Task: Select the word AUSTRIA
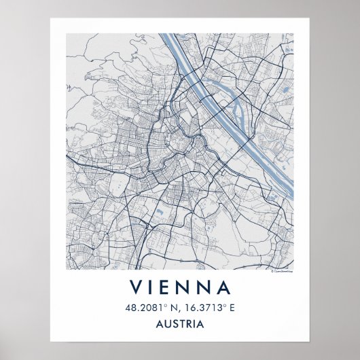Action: pyautogui.click(x=180, y=324)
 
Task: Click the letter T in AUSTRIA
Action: pyautogui.click(x=183, y=324)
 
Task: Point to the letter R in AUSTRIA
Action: pyautogui.click(x=191, y=324)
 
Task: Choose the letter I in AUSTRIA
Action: pyautogui.click(x=197, y=324)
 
